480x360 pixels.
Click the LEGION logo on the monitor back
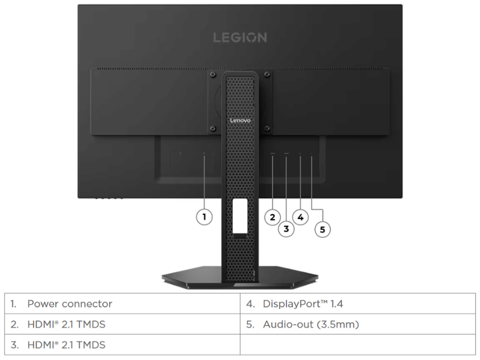point(240,38)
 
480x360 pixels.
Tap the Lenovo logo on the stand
point(240,121)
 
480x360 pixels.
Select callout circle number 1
point(204,217)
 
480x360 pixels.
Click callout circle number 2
point(272,217)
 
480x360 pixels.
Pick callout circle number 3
point(286,229)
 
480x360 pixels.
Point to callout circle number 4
point(301,217)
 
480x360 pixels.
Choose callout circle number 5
point(323,229)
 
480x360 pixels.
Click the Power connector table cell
point(122,304)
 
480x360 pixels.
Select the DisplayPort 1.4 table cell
point(358,304)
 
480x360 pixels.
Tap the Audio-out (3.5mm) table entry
point(358,324)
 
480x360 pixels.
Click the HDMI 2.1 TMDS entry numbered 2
point(122,324)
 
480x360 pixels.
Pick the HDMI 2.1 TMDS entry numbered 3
point(122,344)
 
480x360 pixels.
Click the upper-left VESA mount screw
point(213,74)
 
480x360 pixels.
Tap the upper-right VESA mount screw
point(267,74)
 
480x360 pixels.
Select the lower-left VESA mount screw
point(213,128)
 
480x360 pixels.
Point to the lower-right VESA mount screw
point(267,128)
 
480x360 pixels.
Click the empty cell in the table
point(358,344)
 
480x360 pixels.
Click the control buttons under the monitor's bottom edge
point(109,198)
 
